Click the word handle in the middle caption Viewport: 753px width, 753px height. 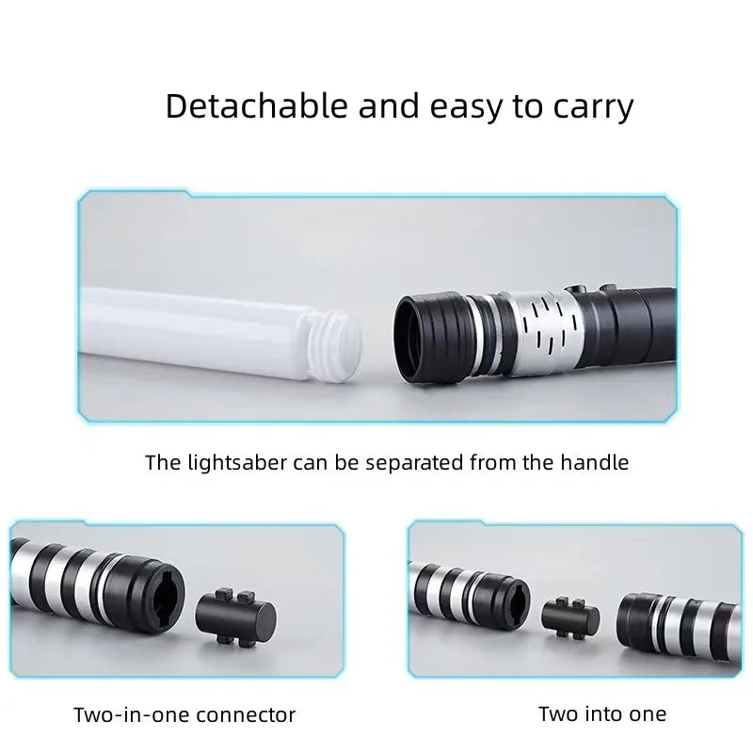click(597, 462)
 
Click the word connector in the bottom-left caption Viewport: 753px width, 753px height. click(250, 715)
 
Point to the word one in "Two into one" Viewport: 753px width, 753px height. click(649, 713)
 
